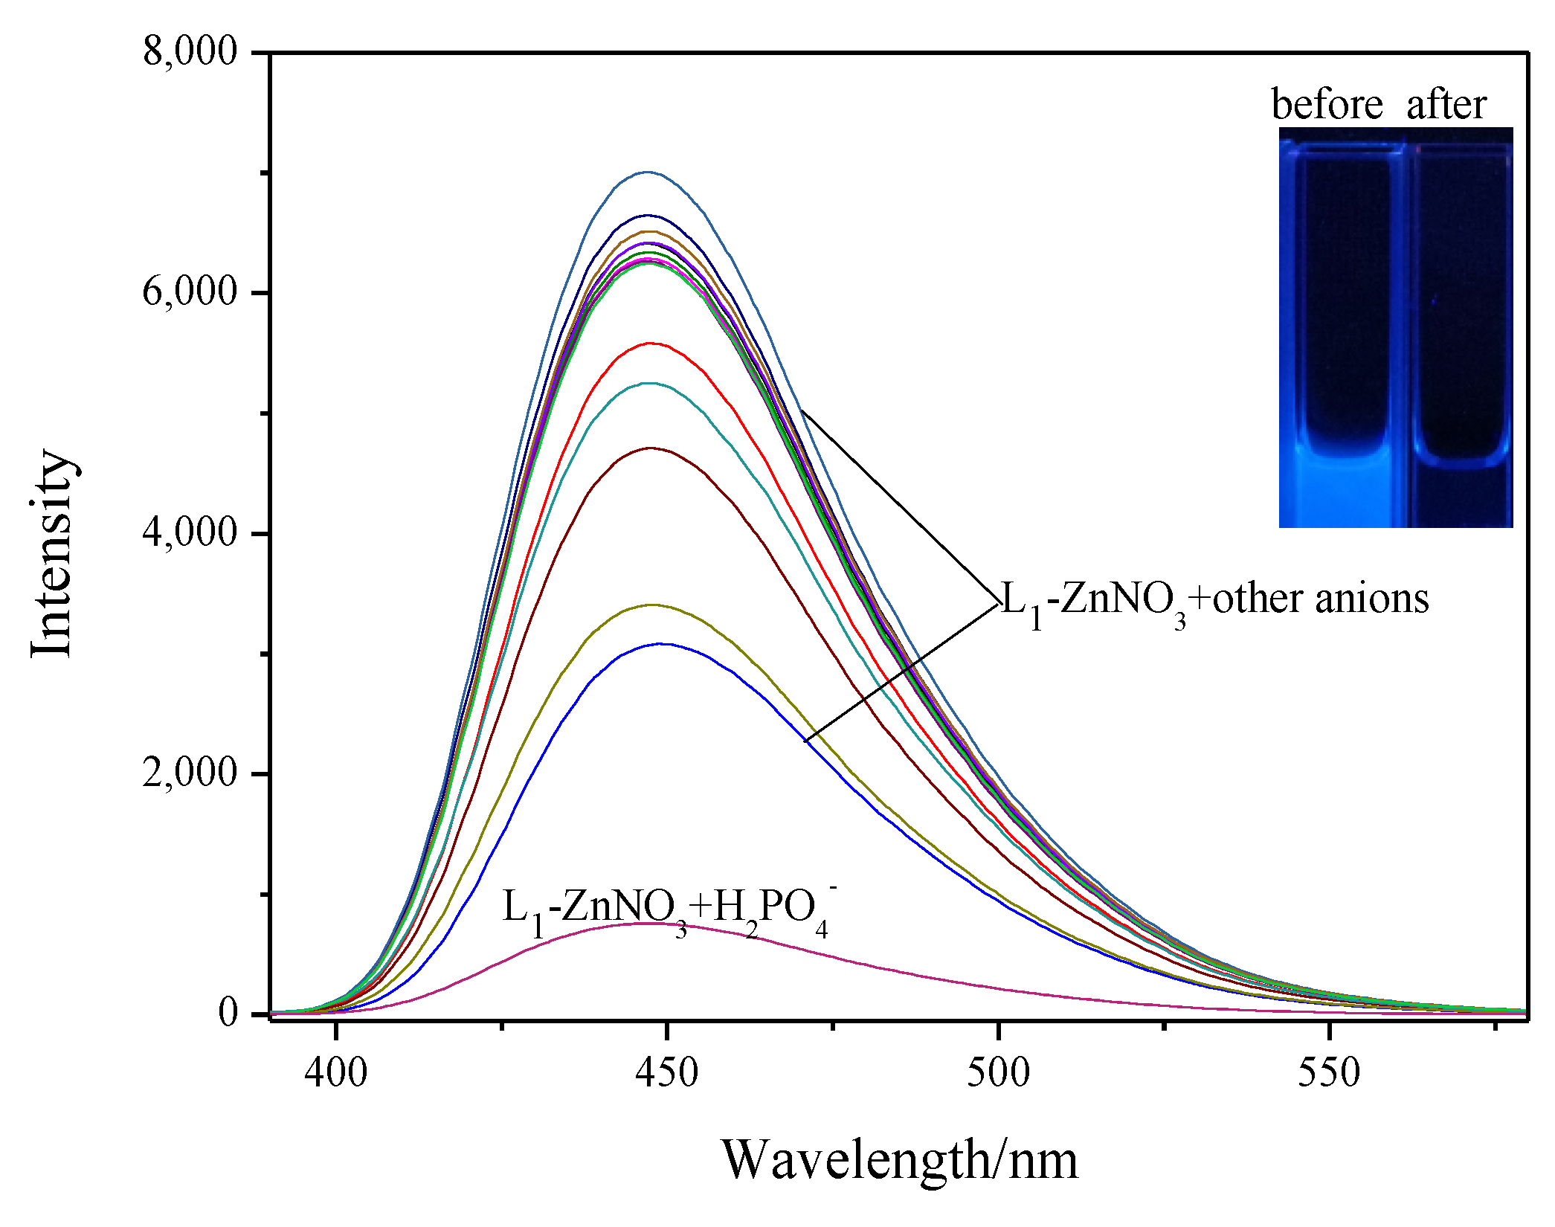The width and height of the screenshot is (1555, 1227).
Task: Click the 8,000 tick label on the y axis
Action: (190, 52)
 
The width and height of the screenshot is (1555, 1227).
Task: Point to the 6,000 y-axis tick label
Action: (190, 292)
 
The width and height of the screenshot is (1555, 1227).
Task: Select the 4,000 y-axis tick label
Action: (190, 533)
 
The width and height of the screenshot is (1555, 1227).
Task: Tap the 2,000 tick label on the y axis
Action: (190, 773)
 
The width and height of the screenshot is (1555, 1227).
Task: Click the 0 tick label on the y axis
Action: (228, 1013)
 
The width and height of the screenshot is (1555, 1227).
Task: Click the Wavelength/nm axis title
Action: (899, 1161)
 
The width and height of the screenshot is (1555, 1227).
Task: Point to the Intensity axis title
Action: (52, 554)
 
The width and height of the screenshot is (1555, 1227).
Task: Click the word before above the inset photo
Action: (1327, 104)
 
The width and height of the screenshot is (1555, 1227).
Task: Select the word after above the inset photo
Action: (1446, 104)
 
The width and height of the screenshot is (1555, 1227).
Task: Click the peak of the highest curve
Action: (647, 172)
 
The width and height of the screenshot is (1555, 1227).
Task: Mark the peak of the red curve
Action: (651, 344)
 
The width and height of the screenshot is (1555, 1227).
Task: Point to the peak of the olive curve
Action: (653, 605)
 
